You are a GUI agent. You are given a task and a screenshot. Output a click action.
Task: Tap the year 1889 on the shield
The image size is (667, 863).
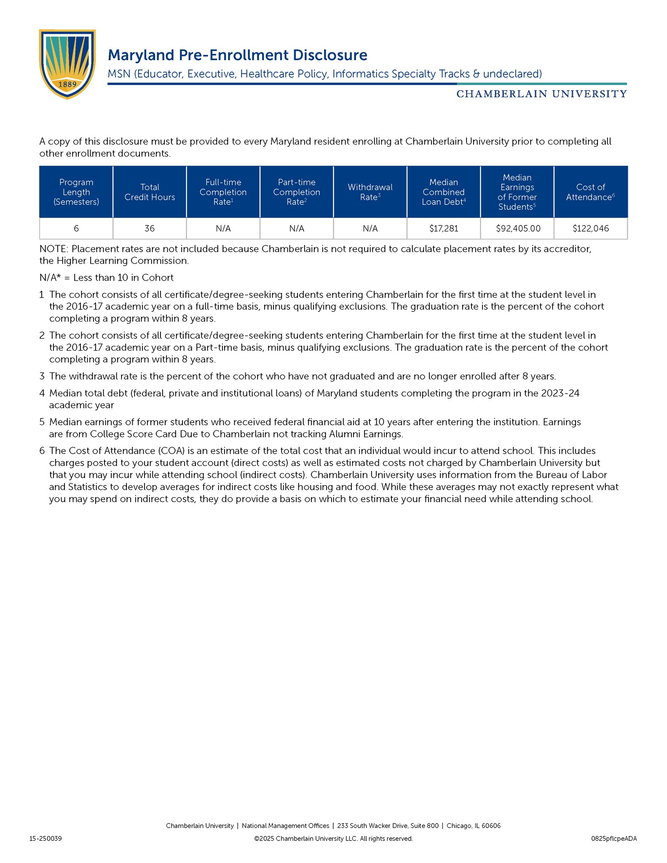[x=67, y=84]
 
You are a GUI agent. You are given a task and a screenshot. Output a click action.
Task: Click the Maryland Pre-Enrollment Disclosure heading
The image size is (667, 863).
[x=237, y=55]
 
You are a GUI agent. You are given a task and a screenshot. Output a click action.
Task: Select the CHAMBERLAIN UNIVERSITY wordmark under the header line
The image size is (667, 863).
[x=541, y=94]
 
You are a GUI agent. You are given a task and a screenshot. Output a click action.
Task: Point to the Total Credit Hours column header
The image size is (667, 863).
[x=150, y=192]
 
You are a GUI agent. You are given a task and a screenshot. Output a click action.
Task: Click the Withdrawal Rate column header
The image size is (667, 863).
[x=370, y=192]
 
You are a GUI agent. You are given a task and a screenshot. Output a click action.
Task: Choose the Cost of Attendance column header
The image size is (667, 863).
[x=590, y=192]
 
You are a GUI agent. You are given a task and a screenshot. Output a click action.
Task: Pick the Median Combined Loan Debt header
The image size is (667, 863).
[x=443, y=192]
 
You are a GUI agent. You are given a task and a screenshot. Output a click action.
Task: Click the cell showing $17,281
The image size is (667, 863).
[x=443, y=228]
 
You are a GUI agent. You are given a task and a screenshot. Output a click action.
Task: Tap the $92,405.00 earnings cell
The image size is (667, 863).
[x=518, y=228]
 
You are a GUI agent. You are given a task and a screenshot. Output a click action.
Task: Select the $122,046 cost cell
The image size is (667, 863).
[x=590, y=228]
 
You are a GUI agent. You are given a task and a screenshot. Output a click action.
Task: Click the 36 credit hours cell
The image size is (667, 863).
[x=150, y=228]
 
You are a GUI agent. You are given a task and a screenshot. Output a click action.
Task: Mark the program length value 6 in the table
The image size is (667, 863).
[x=76, y=228]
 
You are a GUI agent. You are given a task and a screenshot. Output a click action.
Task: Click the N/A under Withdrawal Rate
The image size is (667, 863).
[x=370, y=228]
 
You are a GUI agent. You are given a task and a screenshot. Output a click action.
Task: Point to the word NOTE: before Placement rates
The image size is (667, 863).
[x=54, y=249]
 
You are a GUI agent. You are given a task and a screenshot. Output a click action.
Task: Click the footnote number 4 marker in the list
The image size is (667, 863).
[x=42, y=393]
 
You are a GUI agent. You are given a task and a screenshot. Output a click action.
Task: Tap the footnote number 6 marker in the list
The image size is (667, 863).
[x=42, y=451]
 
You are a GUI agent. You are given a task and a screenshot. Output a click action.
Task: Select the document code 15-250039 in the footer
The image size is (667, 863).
[x=46, y=839]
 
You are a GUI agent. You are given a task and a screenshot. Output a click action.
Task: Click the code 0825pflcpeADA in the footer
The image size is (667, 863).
[x=613, y=839]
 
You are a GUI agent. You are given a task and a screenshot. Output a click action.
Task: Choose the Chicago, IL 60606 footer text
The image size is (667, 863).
[x=473, y=826]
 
